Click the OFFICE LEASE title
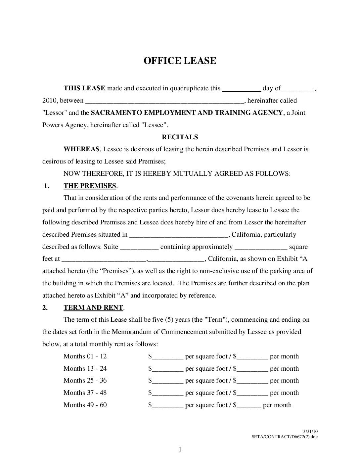(180, 61)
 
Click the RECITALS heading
(180, 137)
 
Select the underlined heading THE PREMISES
(90, 186)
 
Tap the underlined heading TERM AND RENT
(93, 307)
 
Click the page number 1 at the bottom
(180, 449)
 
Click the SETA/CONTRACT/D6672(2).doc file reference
(284, 437)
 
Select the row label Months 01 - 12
(85, 356)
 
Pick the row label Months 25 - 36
(85, 380)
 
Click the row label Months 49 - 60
(85, 405)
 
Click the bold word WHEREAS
(81, 149)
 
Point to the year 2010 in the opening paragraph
(49, 100)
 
